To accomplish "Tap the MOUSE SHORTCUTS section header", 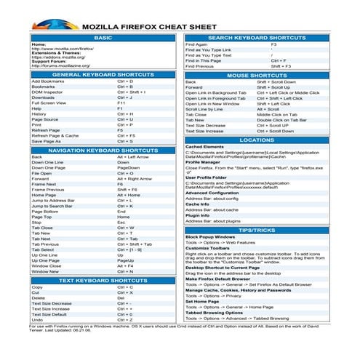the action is [257, 75].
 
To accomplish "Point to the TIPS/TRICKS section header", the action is [257, 230].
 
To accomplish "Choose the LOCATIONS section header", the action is [257, 139].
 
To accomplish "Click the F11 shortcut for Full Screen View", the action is [121, 103].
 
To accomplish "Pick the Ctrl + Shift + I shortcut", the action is [132, 92].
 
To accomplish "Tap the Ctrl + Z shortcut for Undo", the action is [124, 320].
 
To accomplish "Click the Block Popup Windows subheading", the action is [210, 236].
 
